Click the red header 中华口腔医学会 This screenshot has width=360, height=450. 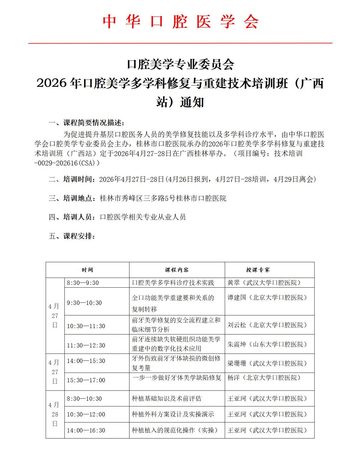tap(180, 22)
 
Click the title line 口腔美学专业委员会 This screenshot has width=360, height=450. tap(180, 64)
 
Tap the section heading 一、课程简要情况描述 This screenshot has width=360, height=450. tap(87, 122)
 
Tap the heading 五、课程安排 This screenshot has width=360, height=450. tap(72, 236)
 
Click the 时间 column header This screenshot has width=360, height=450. tap(87, 270)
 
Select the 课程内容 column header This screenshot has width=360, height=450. tap(177, 270)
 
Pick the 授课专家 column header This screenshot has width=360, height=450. tap(258, 270)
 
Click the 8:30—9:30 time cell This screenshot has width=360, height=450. tap(83, 283)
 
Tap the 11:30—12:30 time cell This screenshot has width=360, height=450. tap(86, 345)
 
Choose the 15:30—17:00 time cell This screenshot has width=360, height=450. tap(86, 380)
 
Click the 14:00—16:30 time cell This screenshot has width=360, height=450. tap(86, 430)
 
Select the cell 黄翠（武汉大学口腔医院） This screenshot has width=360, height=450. tap(264, 283)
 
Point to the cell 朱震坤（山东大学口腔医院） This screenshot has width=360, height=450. tap(267, 344)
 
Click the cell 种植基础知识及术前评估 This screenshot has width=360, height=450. tap(167, 399)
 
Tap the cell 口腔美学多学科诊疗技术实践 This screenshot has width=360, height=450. tap(173, 283)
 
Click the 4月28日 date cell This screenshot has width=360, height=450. tap(55, 414)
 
